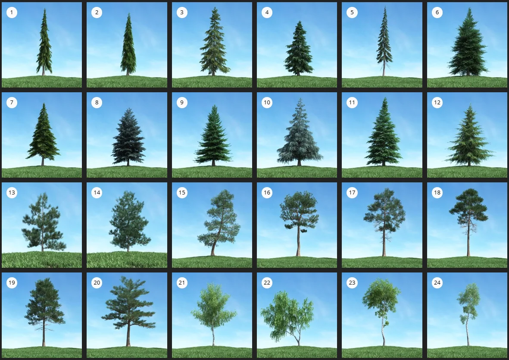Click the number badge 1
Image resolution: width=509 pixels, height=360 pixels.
click(12, 13)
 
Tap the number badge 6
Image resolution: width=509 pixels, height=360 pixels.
click(437, 13)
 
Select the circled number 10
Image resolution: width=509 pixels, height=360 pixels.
click(267, 103)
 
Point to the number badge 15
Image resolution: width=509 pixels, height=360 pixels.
click(182, 192)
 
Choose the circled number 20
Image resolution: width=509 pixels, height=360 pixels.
click(97, 283)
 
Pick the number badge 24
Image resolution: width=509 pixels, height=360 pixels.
click(437, 283)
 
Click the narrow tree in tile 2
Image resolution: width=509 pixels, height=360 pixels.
click(128, 45)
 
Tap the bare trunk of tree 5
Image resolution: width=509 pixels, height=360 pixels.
click(384, 69)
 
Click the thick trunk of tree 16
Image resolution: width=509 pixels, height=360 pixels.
click(298, 240)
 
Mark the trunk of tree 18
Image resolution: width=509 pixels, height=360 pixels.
click(468, 237)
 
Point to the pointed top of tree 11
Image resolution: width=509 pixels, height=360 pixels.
click(385, 98)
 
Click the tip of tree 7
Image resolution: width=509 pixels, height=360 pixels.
click(44, 103)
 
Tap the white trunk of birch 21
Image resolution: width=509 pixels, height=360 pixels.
click(213, 336)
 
